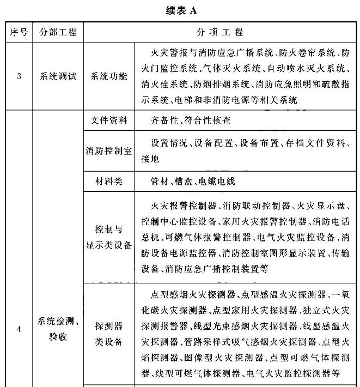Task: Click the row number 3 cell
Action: pyautogui.click(x=19, y=76)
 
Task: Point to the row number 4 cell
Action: pyautogui.click(x=19, y=329)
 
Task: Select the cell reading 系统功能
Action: pyautogui.click(x=109, y=76)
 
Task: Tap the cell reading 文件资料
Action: pyautogui.click(x=109, y=120)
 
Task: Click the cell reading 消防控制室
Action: pyautogui.click(x=109, y=151)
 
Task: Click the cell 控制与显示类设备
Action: pyautogui.click(x=109, y=237)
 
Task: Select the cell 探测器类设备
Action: pyautogui.click(x=109, y=334)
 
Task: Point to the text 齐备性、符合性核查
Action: pyautogui.click(x=191, y=120)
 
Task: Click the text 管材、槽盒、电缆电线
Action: pyautogui.click(x=193, y=181)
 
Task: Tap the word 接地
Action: pyautogui.click(x=150, y=159)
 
